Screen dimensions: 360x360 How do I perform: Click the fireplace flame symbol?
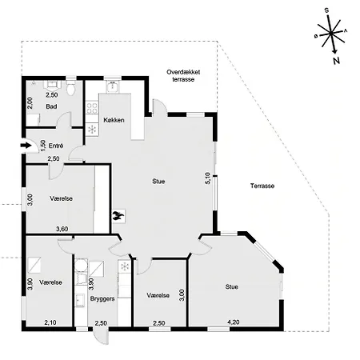pyautogui.click(x=118, y=216)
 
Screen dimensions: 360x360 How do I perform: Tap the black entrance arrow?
pyautogui.click(x=26, y=146)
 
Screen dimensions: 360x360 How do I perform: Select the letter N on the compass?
pyautogui.click(x=337, y=61)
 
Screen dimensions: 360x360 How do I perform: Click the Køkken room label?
pyautogui.click(x=114, y=120)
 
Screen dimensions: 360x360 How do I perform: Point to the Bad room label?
pyautogui.click(x=51, y=106)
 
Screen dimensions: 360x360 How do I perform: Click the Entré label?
pyautogui.click(x=56, y=146)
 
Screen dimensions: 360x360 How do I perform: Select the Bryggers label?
pyautogui.click(x=102, y=298)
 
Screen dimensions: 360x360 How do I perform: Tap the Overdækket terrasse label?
pyautogui.click(x=183, y=76)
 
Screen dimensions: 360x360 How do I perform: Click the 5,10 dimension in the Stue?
pyautogui.click(x=208, y=178)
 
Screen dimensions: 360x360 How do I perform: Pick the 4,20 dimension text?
pyautogui.click(x=234, y=322)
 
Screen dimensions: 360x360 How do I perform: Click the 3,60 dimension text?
pyautogui.click(x=62, y=229)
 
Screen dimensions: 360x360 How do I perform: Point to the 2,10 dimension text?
pyautogui.click(x=50, y=322)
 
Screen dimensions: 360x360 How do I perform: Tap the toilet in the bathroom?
pyautogui.click(x=71, y=88)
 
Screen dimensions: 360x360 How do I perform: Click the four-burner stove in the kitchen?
pyautogui.click(x=92, y=108)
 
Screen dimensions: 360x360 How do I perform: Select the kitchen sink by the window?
pyautogui.click(x=113, y=87)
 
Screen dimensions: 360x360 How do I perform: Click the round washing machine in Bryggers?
pyautogui.click(x=81, y=266)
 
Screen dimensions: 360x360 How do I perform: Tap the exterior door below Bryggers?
pyautogui.click(x=101, y=336)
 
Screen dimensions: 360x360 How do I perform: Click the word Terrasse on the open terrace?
pyautogui.click(x=262, y=186)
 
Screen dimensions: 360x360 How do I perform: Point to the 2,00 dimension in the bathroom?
pyautogui.click(x=30, y=102)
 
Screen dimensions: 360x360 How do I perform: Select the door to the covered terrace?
pyautogui.click(x=159, y=108)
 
